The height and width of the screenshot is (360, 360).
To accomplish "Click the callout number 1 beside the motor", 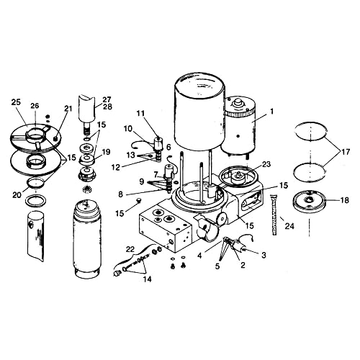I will click(271, 112).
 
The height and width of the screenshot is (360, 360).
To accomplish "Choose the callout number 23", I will click(266, 164).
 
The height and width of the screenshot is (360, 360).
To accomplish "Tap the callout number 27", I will click(106, 99).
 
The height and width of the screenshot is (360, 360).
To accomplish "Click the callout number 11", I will click(140, 114).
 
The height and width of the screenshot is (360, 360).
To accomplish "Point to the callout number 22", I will click(130, 248).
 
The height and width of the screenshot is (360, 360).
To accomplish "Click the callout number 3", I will click(263, 255).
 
